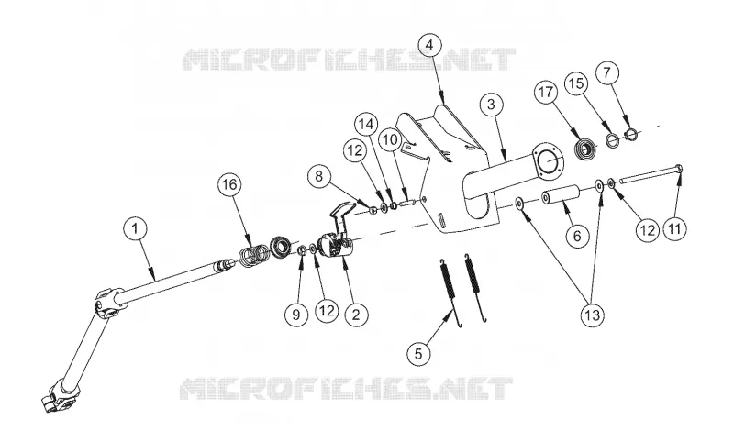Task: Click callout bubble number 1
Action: pos(135,228)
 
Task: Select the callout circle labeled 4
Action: pos(430,45)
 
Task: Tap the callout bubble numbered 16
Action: pos(229,184)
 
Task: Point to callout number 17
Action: pos(546,92)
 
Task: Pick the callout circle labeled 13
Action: pos(592,315)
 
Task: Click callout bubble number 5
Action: pos(418,354)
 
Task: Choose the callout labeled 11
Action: pos(674,229)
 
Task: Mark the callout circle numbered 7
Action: pos(607,73)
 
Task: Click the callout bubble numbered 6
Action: pos(577,236)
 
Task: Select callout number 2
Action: pos(356,315)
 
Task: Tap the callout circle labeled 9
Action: pos(295,315)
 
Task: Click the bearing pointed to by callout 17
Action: pos(584,149)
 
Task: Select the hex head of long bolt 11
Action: pos(679,169)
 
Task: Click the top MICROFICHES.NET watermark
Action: pos(349,60)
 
